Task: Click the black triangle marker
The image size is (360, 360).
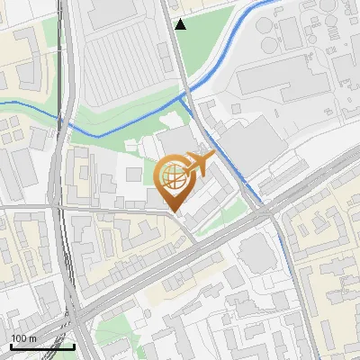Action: [181, 24]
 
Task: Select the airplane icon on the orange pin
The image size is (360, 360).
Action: [198, 164]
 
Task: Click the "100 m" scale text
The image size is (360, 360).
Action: [23, 338]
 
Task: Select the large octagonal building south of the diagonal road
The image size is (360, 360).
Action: [257, 256]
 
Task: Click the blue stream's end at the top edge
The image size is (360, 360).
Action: [270, 2]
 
